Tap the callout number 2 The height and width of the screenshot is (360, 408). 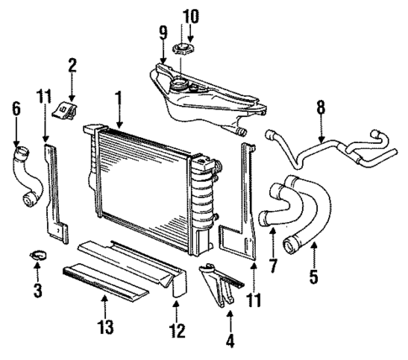pyautogui.click(x=72, y=64)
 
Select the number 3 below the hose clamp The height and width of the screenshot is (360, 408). pyautogui.click(x=38, y=292)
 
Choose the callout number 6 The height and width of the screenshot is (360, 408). pyautogui.click(x=15, y=109)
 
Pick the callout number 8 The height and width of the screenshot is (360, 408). pyautogui.click(x=321, y=109)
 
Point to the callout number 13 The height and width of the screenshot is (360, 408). pyautogui.click(x=103, y=326)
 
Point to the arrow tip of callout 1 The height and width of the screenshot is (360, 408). pyautogui.click(x=120, y=127)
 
